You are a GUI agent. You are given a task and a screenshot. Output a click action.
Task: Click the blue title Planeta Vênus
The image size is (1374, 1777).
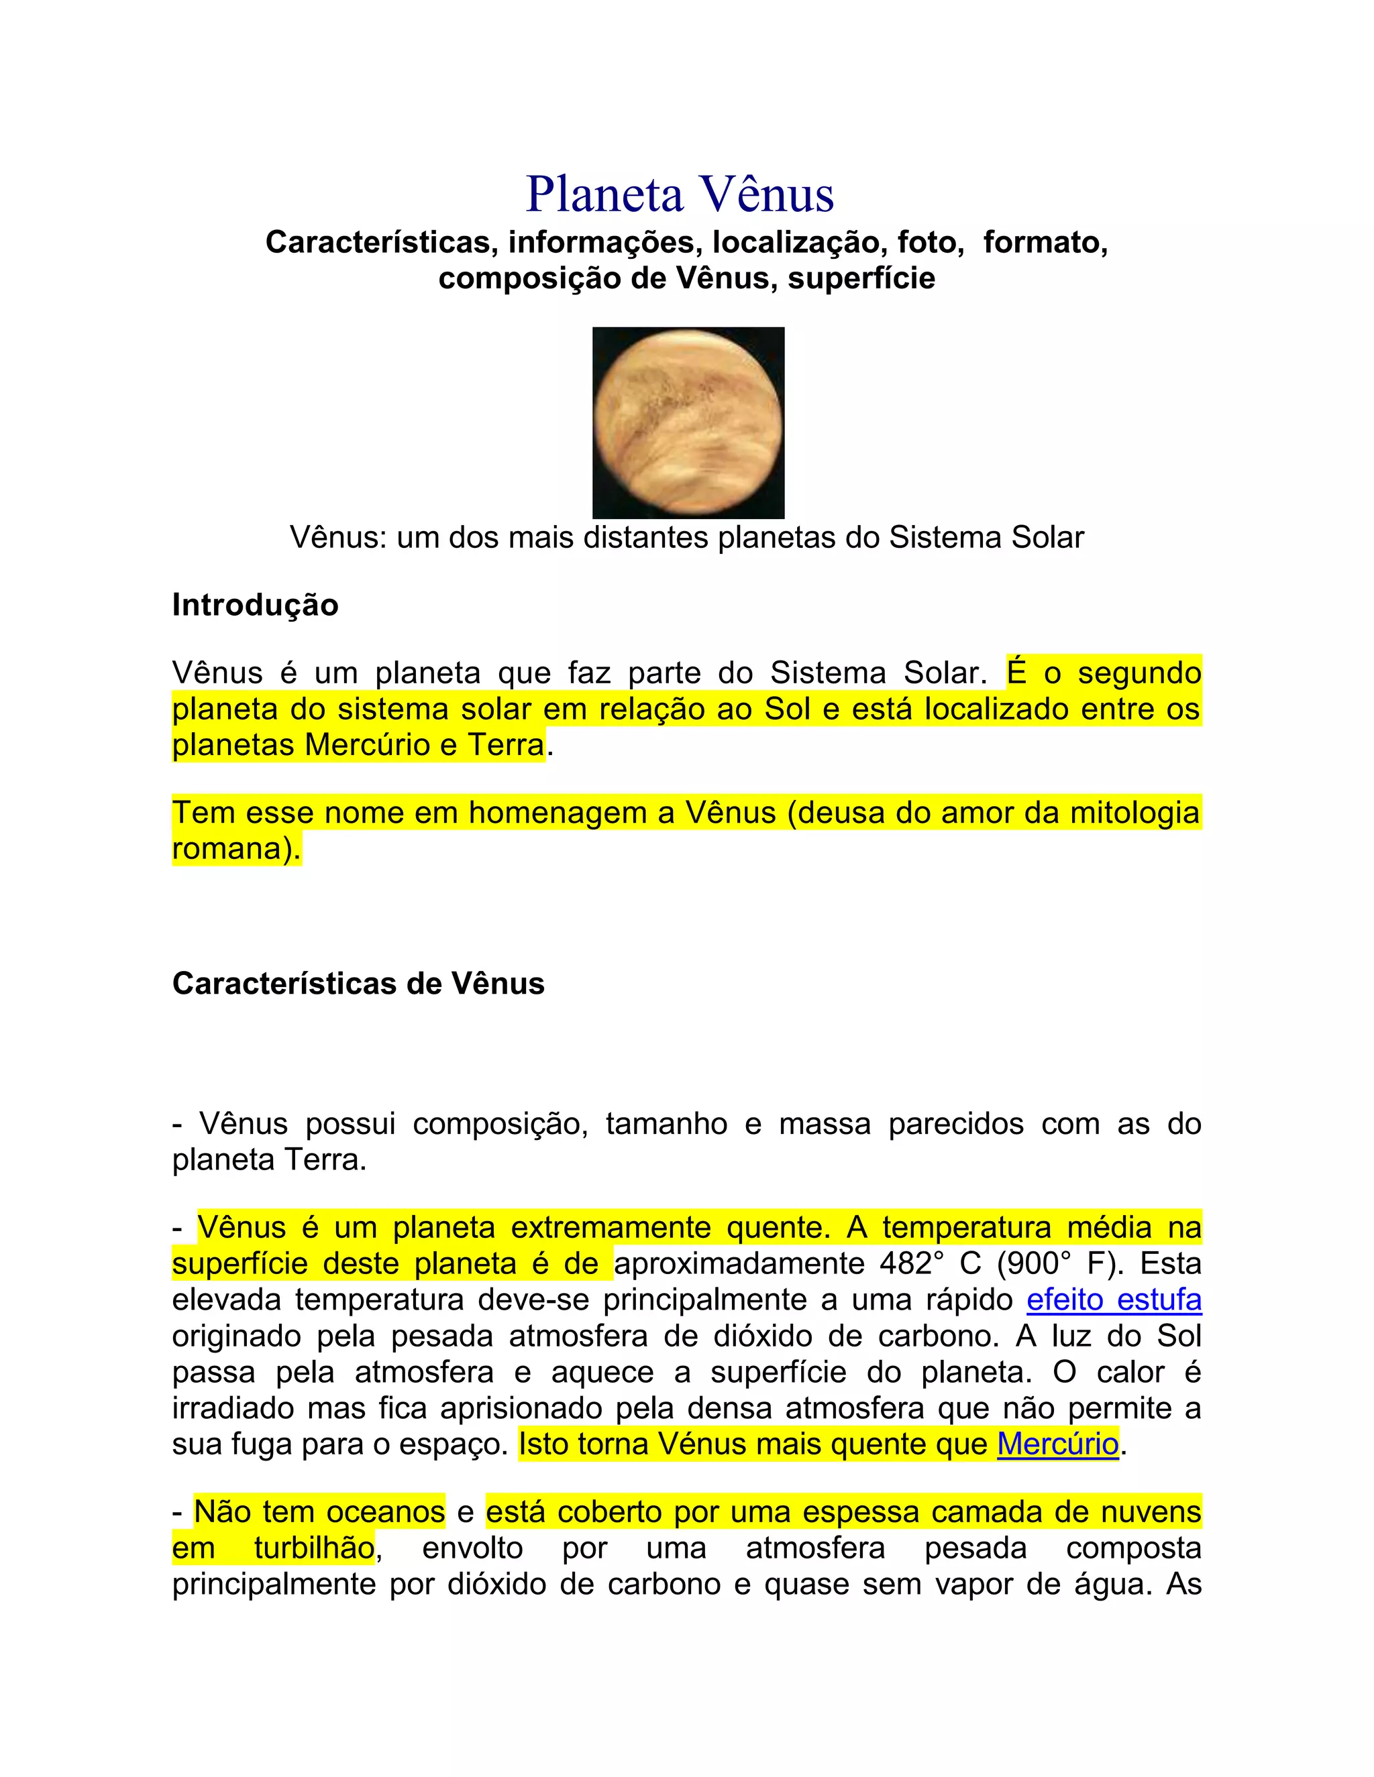(680, 195)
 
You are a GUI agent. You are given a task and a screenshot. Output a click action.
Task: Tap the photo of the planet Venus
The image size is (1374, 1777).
(688, 422)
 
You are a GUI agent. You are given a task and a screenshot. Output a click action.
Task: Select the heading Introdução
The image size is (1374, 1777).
(255, 606)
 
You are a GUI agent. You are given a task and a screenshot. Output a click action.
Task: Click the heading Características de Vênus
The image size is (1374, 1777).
(358, 984)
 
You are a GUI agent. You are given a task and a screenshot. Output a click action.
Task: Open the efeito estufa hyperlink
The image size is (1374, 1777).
(1114, 1300)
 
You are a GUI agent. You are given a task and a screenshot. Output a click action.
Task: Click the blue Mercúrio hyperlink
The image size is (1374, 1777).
(1057, 1444)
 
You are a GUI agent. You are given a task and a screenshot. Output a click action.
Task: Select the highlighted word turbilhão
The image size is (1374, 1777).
(313, 1548)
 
